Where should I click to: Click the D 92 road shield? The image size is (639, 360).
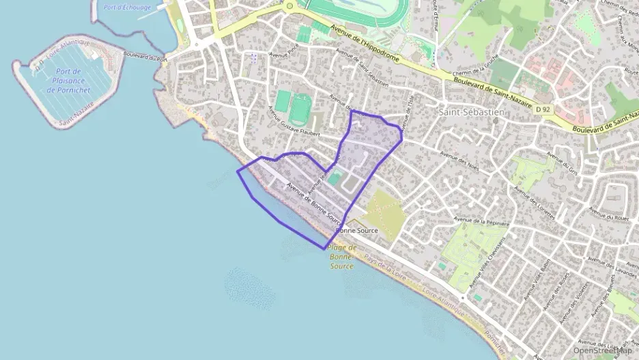pos(543,109)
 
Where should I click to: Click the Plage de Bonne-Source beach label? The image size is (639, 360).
pos(343,256)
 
